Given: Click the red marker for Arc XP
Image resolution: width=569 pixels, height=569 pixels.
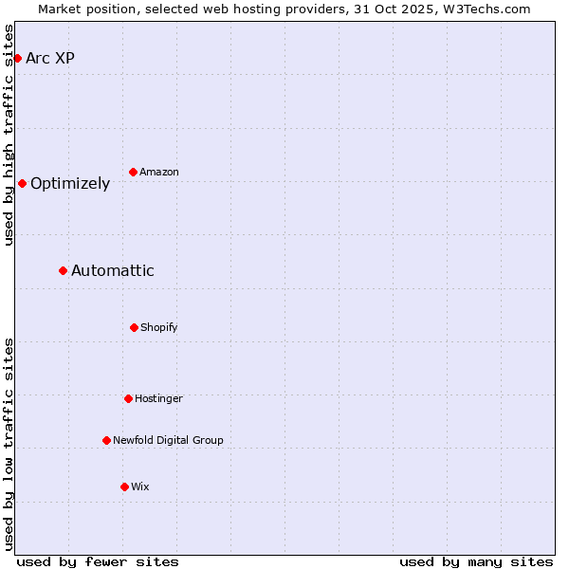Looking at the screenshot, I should click(x=17, y=59).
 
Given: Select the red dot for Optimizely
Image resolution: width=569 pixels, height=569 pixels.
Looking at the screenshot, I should click(x=22, y=184).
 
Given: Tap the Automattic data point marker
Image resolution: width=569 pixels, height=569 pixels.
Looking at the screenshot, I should click(x=64, y=271).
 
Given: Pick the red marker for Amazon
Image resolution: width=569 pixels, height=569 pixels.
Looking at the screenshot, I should click(x=134, y=173).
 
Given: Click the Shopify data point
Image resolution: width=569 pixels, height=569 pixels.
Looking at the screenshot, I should click(x=134, y=328).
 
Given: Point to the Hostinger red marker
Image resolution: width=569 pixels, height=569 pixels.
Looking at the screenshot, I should click(x=128, y=399).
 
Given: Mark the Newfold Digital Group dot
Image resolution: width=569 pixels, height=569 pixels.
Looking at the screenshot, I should click(x=106, y=441).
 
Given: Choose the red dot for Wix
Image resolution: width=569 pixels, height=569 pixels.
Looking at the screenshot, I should click(x=124, y=487).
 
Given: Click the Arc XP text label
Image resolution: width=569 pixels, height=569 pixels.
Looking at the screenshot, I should click(x=50, y=59).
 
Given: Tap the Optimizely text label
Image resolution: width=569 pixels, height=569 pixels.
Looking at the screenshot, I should click(x=70, y=184).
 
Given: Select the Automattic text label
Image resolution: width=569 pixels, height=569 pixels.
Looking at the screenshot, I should click(x=113, y=271).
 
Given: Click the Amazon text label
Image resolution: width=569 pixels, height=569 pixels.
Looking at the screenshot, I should click(x=159, y=173).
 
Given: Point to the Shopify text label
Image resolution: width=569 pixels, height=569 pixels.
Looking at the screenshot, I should click(x=159, y=328).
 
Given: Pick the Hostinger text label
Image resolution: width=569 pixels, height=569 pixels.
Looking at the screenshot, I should click(x=158, y=399).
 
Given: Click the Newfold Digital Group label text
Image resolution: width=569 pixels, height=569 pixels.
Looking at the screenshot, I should click(x=168, y=441).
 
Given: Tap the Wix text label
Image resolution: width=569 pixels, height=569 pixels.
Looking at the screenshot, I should click(x=140, y=487).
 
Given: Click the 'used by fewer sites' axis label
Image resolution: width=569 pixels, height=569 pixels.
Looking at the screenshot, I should click(x=98, y=562).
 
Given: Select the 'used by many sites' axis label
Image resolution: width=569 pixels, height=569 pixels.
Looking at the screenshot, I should click(x=476, y=562).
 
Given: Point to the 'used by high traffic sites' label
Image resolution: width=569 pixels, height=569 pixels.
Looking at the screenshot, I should click(x=9, y=135).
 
